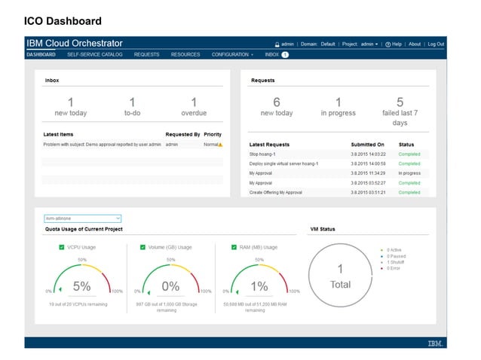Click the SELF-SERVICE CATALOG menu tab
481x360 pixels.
click(94, 55)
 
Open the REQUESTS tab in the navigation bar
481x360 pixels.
click(146, 55)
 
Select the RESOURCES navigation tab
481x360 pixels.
click(185, 55)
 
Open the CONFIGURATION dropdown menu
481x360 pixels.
click(232, 55)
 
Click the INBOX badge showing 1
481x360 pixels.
click(285, 55)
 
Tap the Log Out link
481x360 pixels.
click(436, 44)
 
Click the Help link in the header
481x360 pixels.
click(393, 44)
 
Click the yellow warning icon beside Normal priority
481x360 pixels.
click(220, 144)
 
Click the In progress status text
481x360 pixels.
click(409, 173)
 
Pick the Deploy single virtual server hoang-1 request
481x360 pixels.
click(284, 163)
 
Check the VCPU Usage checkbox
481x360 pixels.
click(62, 247)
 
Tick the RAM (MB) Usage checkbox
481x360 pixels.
click(234, 247)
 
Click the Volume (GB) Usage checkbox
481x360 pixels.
click(142, 247)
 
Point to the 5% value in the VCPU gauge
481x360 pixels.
click(81, 286)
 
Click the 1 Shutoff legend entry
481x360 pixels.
click(397, 262)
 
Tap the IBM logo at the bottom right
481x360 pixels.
click(435, 343)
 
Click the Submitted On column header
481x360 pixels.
click(367, 144)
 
